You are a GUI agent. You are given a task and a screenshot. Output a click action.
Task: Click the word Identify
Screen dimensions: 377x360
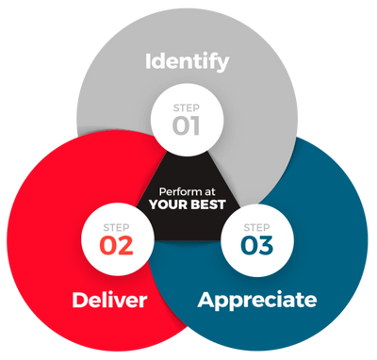pyautogui.click(x=188, y=62)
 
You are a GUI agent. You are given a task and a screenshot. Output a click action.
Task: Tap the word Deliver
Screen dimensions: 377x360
pyautogui.click(x=109, y=300)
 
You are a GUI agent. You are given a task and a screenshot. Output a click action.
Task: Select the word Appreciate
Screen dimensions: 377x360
pyautogui.click(x=257, y=301)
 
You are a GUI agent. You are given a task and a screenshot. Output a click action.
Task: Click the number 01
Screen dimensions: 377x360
pyautogui.click(x=187, y=125)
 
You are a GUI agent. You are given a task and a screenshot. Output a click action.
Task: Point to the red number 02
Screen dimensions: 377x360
pyautogui.click(x=117, y=245)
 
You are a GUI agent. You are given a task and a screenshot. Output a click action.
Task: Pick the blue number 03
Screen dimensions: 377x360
pyautogui.click(x=257, y=245)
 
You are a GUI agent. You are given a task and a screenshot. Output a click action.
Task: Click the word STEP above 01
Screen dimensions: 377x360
pyautogui.click(x=187, y=108)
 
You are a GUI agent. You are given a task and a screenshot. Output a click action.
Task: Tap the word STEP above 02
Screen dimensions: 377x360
pyautogui.click(x=116, y=228)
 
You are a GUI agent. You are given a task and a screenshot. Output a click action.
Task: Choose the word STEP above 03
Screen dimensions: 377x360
pyautogui.click(x=256, y=228)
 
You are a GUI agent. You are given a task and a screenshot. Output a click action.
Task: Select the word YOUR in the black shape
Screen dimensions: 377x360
pyautogui.click(x=169, y=205)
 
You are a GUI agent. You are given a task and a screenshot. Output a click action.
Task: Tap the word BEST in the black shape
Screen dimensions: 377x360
pyautogui.click(x=208, y=205)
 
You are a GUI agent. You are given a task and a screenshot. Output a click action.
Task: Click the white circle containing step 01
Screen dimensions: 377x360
pyautogui.click(x=188, y=120)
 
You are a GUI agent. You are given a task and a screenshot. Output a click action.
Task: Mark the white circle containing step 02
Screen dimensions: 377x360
pyautogui.click(x=118, y=240)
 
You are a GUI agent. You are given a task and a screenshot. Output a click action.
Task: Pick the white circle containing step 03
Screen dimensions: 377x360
pyautogui.click(x=257, y=240)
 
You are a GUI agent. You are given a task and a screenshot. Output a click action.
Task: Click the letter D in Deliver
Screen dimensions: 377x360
pyautogui.click(x=79, y=300)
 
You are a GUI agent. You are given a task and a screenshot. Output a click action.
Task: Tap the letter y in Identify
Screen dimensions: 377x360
pyautogui.click(x=223, y=65)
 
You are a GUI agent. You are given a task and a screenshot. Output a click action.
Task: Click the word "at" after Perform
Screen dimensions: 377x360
pyautogui.click(x=210, y=192)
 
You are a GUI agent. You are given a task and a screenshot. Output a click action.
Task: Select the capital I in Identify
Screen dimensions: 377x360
pyautogui.click(x=148, y=61)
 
